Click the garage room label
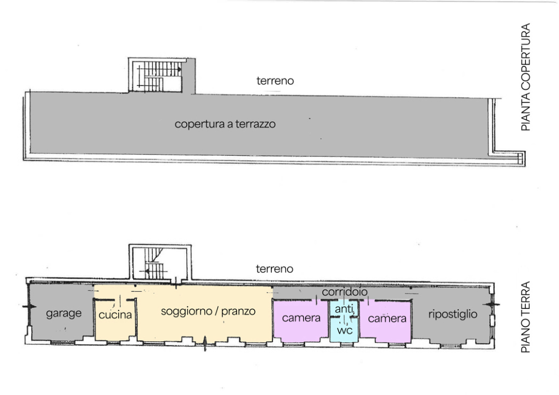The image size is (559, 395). (64, 313)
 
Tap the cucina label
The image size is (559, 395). (115, 314)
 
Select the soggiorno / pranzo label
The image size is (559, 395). (208, 312)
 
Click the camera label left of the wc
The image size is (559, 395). (301, 318)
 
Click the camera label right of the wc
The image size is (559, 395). (387, 318)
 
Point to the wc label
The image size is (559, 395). (345, 330)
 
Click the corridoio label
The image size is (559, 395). (345, 292)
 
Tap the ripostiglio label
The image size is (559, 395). (453, 314)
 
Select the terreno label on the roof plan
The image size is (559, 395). (275, 81)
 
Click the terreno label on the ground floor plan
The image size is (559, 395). (274, 269)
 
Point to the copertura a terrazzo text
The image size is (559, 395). (225, 124)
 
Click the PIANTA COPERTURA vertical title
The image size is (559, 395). (525, 77)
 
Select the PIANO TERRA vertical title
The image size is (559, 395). (525, 317)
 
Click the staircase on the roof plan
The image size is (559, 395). (159, 76)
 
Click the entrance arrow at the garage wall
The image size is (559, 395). (29, 306)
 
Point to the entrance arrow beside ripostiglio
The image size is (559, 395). (492, 304)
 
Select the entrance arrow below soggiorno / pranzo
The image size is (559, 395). (205, 344)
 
